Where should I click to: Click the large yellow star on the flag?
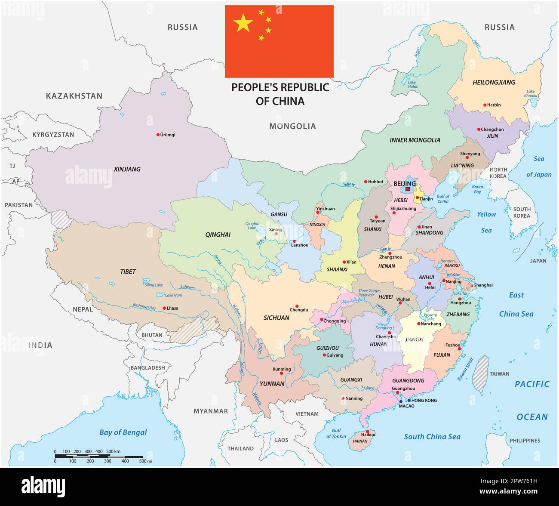tap(243, 23)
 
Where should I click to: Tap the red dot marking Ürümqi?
tap(158, 135)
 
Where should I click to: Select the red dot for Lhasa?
tap(164, 308)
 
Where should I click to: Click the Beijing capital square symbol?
tap(408, 189)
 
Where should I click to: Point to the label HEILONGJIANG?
tap(494, 82)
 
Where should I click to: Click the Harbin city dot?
tap(485, 105)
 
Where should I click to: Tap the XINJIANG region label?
tap(127, 169)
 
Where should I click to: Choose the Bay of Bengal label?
tap(123, 432)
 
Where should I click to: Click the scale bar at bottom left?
tap(99, 456)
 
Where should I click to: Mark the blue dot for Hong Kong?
tap(409, 400)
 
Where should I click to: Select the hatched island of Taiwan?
tap(480, 373)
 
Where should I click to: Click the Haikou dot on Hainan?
tap(368, 431)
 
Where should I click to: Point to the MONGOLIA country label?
tap(292, 126)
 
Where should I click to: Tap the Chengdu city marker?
tap(297, 306)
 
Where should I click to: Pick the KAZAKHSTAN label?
tap(74, 96)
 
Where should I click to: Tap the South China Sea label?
tap(432, 437)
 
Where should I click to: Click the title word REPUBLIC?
tap(305, 87)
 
